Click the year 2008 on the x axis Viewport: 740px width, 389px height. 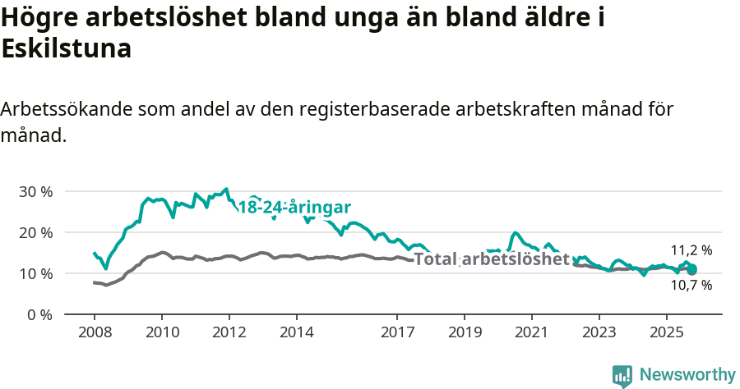[95, 332]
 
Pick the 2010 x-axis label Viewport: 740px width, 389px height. [162, 332]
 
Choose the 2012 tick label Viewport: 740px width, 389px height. [229, 332]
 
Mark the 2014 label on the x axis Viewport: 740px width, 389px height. [296, 332]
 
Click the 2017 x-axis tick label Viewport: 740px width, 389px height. [397, 332]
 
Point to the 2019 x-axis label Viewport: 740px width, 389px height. [465, 332]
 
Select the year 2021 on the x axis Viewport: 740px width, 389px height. [531, 332]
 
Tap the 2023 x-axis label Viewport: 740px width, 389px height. [599, 332]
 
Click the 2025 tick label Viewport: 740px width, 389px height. [666, 332]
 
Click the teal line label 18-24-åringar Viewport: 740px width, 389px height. [294, 207]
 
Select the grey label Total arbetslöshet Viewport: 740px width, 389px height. [492, 259]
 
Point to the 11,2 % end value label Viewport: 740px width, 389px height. [691, 250]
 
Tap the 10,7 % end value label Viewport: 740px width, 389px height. [691, 286]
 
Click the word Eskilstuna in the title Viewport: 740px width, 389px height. [67, 48]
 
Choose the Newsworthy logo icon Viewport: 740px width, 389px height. [622, 375]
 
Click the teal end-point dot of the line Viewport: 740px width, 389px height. [691, 269]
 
